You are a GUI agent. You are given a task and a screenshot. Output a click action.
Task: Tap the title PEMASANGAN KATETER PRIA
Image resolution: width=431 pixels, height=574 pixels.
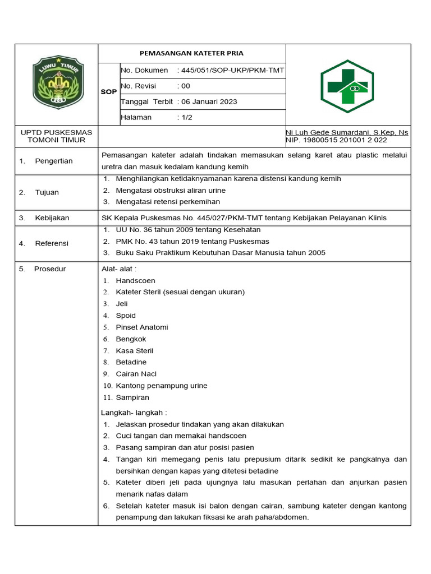[x=191, y=53]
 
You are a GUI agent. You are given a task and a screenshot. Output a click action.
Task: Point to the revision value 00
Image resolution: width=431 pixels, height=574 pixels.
[x=185, y=86]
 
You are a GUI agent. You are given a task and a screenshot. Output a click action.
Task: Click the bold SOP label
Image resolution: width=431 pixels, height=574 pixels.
[x=108, y=92]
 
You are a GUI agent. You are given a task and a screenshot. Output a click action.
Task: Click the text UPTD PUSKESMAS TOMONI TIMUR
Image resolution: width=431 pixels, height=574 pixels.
[x=56, y=136]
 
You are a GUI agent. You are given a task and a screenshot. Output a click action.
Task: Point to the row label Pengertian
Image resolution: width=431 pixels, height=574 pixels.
[x=54, y=161]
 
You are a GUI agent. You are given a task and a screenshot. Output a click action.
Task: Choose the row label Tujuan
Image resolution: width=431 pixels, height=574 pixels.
[x=47, y=192]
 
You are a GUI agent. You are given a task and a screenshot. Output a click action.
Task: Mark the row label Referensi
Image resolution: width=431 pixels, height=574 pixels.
[x=52, y=243]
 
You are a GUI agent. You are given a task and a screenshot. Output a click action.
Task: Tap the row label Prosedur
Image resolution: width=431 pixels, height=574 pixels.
[x=50, y=269]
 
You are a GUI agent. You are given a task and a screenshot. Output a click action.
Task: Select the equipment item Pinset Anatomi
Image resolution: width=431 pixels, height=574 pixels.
[x=142, y=327]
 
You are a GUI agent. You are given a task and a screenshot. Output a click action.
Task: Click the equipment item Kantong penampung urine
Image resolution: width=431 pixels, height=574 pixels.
[x=162, y=386]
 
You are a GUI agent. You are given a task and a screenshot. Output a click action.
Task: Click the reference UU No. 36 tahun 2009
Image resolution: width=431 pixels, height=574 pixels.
[x=165, y=230]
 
